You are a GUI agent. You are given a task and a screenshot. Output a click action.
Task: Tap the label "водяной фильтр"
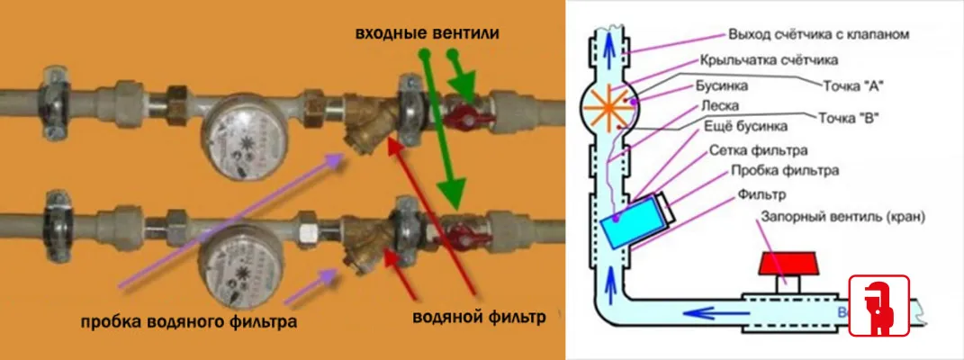pos(480,319)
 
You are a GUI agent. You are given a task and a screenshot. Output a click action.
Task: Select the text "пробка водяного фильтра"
pos(187,321)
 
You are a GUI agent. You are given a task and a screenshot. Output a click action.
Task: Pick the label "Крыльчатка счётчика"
pos(768,60)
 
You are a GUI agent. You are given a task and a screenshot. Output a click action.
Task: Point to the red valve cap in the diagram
pos(788,265)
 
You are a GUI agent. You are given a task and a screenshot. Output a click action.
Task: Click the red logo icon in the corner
pos(879,306)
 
